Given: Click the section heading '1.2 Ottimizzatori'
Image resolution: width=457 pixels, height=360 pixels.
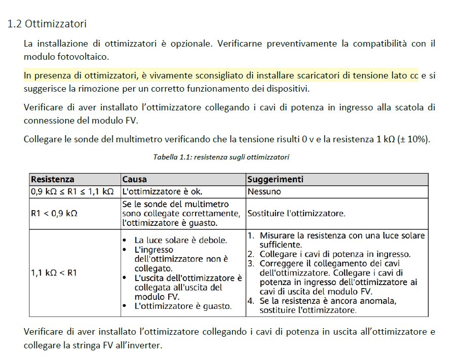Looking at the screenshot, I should pyautogui.click(x=47, y=24).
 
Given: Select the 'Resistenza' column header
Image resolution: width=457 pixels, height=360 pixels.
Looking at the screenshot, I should pyautogui.click(x=53, y=179).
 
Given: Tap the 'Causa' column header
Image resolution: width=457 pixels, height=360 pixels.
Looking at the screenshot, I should pyautogui.click(x=135, y=179).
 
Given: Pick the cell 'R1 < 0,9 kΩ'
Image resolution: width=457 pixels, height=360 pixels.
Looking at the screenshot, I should pyautogui.click(x=54, y=213).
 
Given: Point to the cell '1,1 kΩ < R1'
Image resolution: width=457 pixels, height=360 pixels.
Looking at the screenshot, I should pyautogui.click(x=54, y=272).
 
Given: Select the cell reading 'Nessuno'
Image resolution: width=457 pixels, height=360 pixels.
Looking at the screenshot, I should pyautogui.click(x=264, y=191).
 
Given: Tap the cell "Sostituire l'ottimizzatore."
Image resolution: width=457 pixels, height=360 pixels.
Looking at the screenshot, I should pyautogui.click(x=296, y=213).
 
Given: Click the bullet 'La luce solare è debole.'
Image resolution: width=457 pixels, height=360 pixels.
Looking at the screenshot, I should pyautogui.click(x=180, y=240).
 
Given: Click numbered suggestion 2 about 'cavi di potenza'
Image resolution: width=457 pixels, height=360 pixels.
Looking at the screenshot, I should pyautogui.click(x=335, y=254).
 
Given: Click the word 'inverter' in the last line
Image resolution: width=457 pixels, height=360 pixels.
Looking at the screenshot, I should pyautogui.click(x=146, y=346).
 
